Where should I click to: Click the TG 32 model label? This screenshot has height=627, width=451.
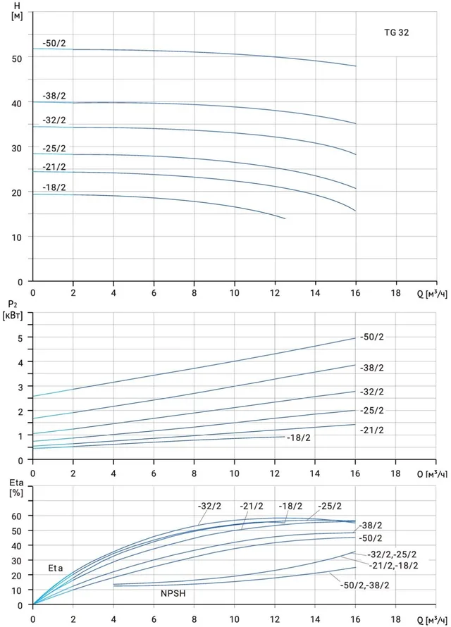pyautogui.click(x=397, y=33)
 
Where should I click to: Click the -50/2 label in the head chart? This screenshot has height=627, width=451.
pyautogui.click(x=54, y=43)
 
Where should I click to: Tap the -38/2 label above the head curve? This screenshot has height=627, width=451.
pyautogui.click(x=54, y=96)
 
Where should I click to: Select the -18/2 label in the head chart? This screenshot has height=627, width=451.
pyautogui.click(x=54, y=187)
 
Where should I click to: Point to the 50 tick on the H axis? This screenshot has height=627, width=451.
pyautogui.click(x=17, y=58)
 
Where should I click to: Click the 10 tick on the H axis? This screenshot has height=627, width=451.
pyautogui.click(x=17, y=237)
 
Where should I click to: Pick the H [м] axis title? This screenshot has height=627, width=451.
pyautogui.click(x=17, y=12)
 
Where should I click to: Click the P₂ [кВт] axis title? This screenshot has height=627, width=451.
pyautogui.click(x=13, y=311)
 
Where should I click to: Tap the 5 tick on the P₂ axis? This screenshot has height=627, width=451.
pyautogui.click(x=20, y=337)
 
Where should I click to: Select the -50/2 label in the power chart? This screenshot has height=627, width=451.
pyautogui.click(x=372, y=337)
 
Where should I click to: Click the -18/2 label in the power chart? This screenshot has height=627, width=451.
pyautogui.click(x=299, y=438)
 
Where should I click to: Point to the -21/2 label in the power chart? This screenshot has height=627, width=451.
pyautogui.click(x=372, y=430)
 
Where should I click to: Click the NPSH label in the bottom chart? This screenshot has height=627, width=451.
pyautogui.click(x=173, y=593)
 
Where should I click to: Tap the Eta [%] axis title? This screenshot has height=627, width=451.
pyautogui.click(x=16, y=488)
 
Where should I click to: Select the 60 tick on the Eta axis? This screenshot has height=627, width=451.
pyautogui.click(x=17, y=516)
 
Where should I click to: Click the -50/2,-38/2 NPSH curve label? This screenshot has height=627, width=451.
pyautogui.click(x=364, y=585)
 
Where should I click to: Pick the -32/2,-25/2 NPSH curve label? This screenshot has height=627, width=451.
pyautogui.click(x=392, y=554)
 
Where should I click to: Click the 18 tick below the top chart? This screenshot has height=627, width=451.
pyautogui.click(x=395, y=292)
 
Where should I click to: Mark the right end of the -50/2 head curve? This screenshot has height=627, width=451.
pyautogui.click(x=356, y=66)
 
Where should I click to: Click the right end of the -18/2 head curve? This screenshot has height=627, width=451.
pyautogui.click(x=285, y=218)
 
